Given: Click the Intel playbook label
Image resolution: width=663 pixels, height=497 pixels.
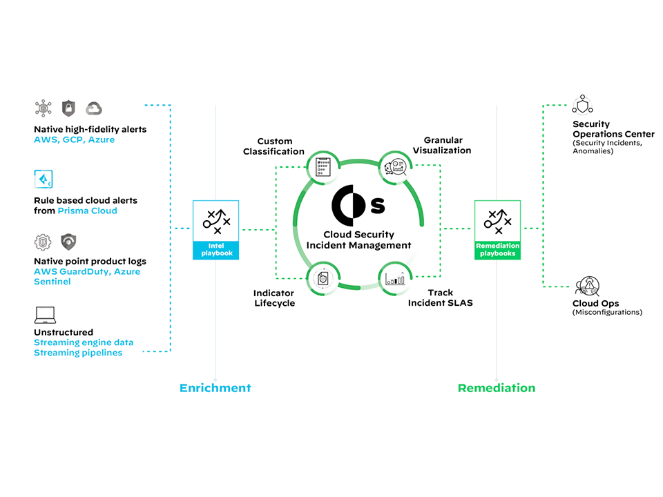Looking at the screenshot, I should click(215, 250).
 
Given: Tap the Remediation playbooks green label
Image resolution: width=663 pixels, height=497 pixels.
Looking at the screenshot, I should click(497, 250).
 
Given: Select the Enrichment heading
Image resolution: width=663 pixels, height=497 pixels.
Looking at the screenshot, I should click(215, 388).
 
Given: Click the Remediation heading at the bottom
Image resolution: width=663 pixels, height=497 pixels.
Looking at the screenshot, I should click(496, 388).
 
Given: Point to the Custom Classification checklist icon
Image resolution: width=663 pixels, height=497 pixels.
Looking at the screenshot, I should click(323, 166).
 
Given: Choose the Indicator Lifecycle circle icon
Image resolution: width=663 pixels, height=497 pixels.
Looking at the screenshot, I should click(323, 279).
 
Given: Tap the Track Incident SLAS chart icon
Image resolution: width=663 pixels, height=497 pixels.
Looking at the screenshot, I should click(395, 279).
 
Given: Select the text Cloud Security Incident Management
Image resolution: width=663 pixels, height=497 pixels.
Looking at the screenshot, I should click(358, 240).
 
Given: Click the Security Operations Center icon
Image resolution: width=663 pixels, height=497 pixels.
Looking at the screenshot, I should click(582, 106).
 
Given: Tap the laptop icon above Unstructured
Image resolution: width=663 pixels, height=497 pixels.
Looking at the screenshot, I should click(45, 315).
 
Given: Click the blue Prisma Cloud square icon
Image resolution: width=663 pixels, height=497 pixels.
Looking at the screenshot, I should click(44, 179).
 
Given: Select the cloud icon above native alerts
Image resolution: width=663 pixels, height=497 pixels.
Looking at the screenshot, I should click(93, 108).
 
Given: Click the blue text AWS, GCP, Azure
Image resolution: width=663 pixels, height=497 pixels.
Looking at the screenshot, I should click(74, 139).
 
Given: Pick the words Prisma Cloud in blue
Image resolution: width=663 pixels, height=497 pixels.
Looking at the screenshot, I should click(87, 211).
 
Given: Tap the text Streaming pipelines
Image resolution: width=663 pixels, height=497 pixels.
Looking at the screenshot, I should click(78, 353).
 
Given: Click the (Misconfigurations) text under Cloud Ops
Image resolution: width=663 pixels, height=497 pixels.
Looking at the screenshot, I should click(607, 312).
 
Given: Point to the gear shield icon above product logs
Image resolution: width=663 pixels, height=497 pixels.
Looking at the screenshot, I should click(43, 242).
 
